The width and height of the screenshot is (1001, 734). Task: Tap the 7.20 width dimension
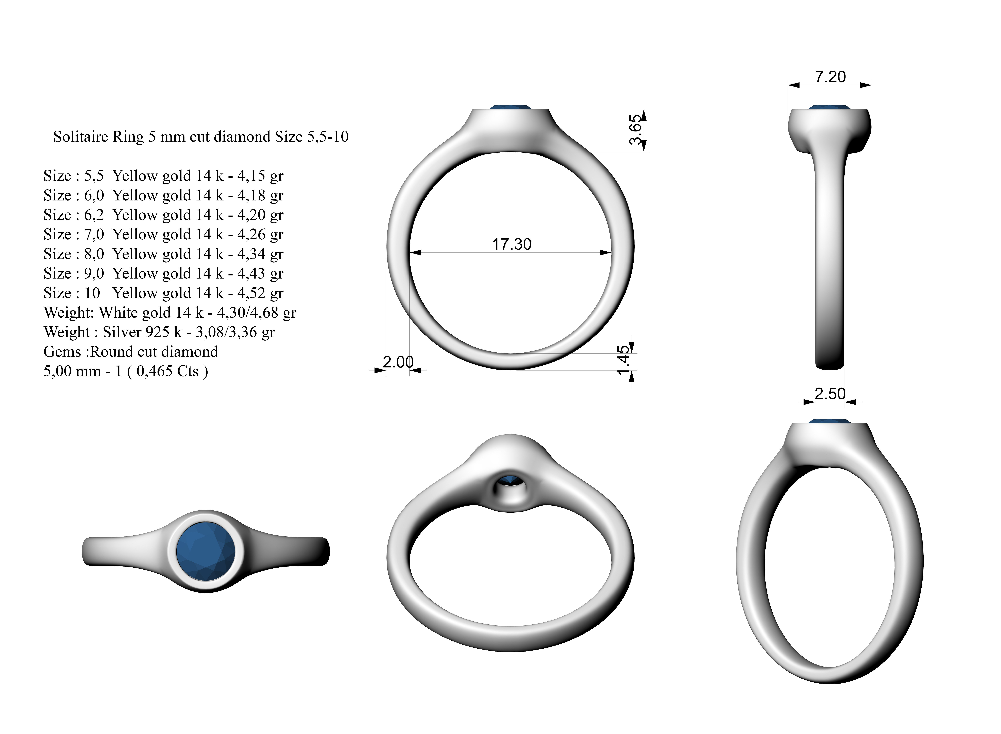[x=830, y=77]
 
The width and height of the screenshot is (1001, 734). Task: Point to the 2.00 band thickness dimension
[x=398, y=362]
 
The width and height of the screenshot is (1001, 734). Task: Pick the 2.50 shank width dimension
[x=830, y=394]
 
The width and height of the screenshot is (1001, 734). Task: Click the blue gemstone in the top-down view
[x=205, y=551]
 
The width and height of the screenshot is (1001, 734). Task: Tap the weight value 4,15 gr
[x=260, y=176]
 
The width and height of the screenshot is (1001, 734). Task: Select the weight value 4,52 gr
[x=260, y=293]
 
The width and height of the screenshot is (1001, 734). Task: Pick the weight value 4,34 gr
[x=260, y=254]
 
